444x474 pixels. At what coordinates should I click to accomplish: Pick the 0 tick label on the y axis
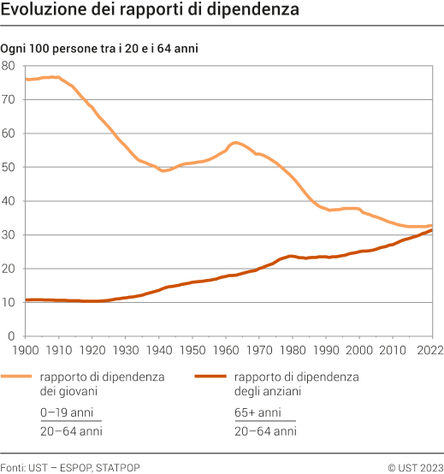click(13, 336)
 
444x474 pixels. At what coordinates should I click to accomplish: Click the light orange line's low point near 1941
click(163, 171)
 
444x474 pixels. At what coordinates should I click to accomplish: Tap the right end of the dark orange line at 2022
click(432, 230)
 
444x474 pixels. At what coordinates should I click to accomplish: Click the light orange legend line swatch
click(17, 376)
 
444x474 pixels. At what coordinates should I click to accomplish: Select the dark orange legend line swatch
click(211, 376)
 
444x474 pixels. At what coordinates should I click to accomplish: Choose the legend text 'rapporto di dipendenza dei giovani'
click(102, 383)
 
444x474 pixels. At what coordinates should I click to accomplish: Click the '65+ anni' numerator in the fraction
click(257, 412)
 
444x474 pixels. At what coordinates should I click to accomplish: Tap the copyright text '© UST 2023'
click(415, 466)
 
